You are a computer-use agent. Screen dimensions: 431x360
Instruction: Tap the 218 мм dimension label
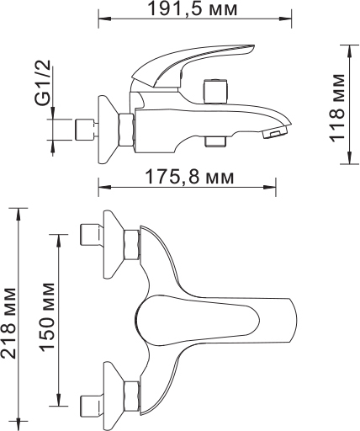click(x=9, y=321)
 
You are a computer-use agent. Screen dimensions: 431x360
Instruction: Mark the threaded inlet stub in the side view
click(x=83, y=130)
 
